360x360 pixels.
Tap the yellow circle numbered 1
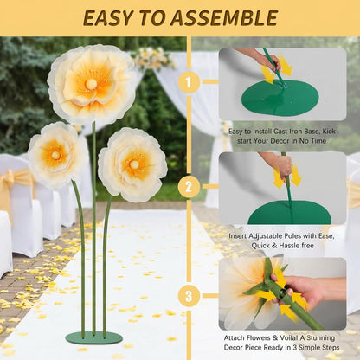click(x=190, y=81)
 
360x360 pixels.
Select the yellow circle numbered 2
click(x=190, y=186)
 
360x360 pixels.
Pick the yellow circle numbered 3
click(x=190, y=295)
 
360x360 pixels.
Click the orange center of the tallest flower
click(x=91, y=84)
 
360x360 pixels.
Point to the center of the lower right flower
click(x=132, y=164)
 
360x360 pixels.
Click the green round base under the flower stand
click(x=94, y=337)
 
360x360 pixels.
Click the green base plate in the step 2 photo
click(x=289, y=213)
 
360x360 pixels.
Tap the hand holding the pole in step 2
click(x=280, y=164)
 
